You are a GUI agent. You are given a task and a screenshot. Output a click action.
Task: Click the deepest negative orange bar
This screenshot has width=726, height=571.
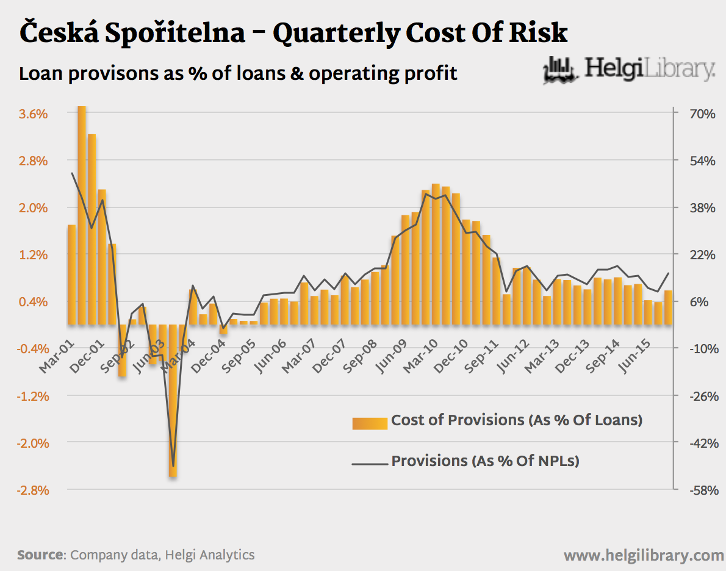(173, 400)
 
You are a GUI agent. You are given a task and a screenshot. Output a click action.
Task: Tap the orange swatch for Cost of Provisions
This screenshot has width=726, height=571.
(370, 423)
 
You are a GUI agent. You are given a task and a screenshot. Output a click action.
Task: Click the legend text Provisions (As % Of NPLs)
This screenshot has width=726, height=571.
(485, 461)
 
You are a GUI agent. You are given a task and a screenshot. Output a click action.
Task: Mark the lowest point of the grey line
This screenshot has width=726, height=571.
(173, 466)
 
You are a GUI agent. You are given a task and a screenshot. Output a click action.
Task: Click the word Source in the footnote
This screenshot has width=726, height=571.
(40, 555)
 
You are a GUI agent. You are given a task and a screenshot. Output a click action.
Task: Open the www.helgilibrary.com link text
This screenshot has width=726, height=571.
(644, 556)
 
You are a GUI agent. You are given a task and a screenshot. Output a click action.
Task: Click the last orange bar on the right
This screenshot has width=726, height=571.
(669, 307)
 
